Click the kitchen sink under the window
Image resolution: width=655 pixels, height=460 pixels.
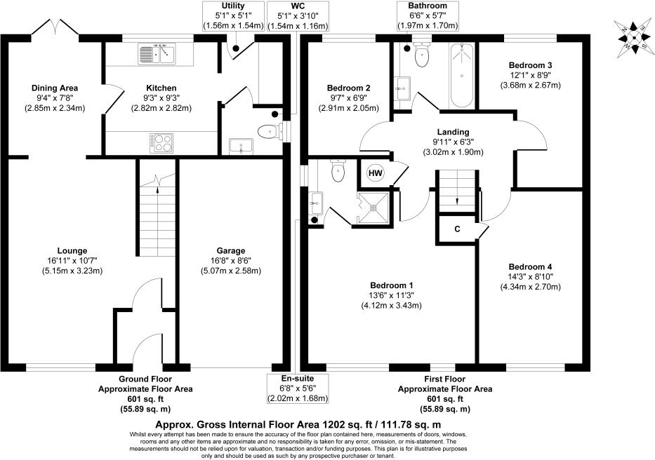(x=157, y=54)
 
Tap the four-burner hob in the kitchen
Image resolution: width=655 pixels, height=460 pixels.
(x=161, y=143)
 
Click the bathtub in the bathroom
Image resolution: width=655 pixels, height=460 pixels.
(x=462, y=75)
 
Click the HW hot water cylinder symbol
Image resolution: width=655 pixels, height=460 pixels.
(x=376, y=172)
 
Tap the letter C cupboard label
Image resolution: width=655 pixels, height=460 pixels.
(x=458, y=229)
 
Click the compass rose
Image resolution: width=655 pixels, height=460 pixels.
(x=634, y=38)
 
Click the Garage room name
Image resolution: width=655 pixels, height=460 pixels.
(x=230, y=250)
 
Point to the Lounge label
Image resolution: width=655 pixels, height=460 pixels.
(x=72, y=250)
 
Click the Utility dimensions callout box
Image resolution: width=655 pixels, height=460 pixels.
(x=233, y=16)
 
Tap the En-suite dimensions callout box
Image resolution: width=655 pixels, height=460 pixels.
(x=298, y=388)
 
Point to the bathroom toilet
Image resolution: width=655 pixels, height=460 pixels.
(x=422, y=53)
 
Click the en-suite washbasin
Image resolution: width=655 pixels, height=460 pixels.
(x=315, y=203)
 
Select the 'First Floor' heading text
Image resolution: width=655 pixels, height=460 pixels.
(x=444, y=379)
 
